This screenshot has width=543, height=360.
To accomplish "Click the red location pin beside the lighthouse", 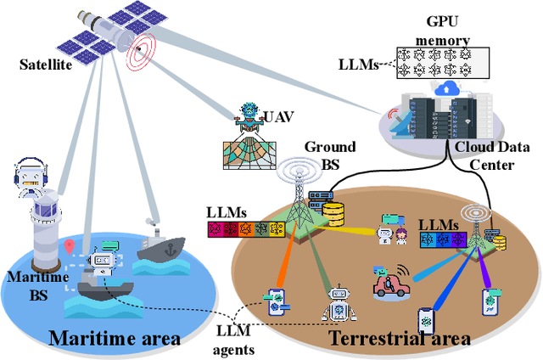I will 69,246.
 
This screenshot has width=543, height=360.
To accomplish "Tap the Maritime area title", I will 115,338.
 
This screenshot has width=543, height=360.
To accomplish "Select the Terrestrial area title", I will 399,339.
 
